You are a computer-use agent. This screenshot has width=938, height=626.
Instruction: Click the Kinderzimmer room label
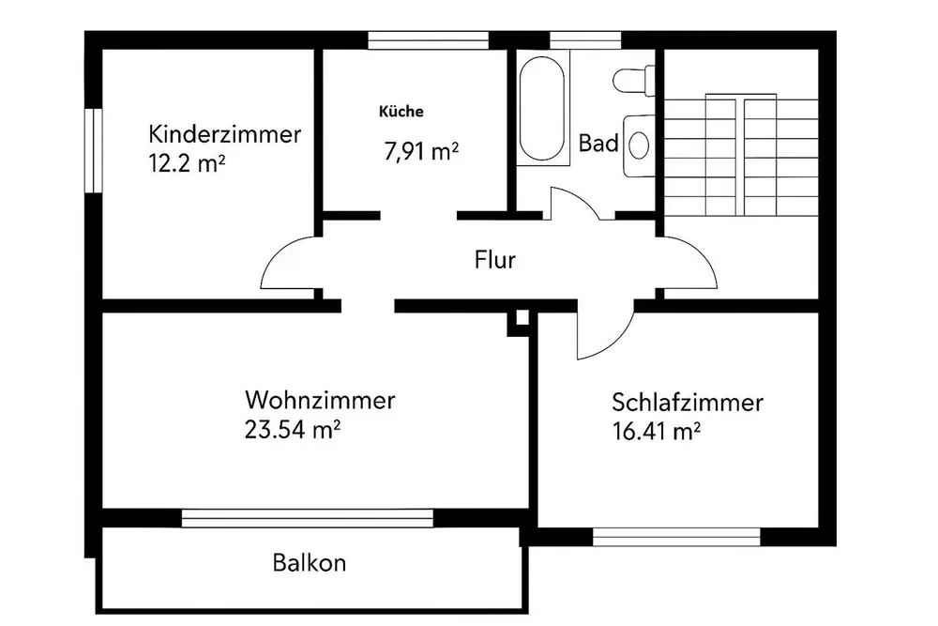[225, 133]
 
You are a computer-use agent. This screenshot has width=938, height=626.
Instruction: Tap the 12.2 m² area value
[187, 162]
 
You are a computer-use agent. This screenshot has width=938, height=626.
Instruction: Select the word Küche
[401, 111]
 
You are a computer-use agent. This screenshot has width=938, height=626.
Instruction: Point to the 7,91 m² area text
[420, 150]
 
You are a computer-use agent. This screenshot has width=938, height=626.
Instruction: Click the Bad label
[598, 144]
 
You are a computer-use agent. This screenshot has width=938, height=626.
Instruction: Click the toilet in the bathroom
[630, 79]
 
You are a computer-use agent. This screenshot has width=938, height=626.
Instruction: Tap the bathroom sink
[639, 145]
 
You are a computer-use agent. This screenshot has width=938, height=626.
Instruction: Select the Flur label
[494, 260]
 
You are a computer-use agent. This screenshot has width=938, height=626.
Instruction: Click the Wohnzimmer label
[319, 401]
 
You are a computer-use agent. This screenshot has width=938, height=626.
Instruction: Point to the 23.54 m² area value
[291, 430]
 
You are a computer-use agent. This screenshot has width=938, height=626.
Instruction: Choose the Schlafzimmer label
[687, 404]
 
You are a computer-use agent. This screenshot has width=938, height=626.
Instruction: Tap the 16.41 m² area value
[658, 433]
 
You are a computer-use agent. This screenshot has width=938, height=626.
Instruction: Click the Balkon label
[310, 563]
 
